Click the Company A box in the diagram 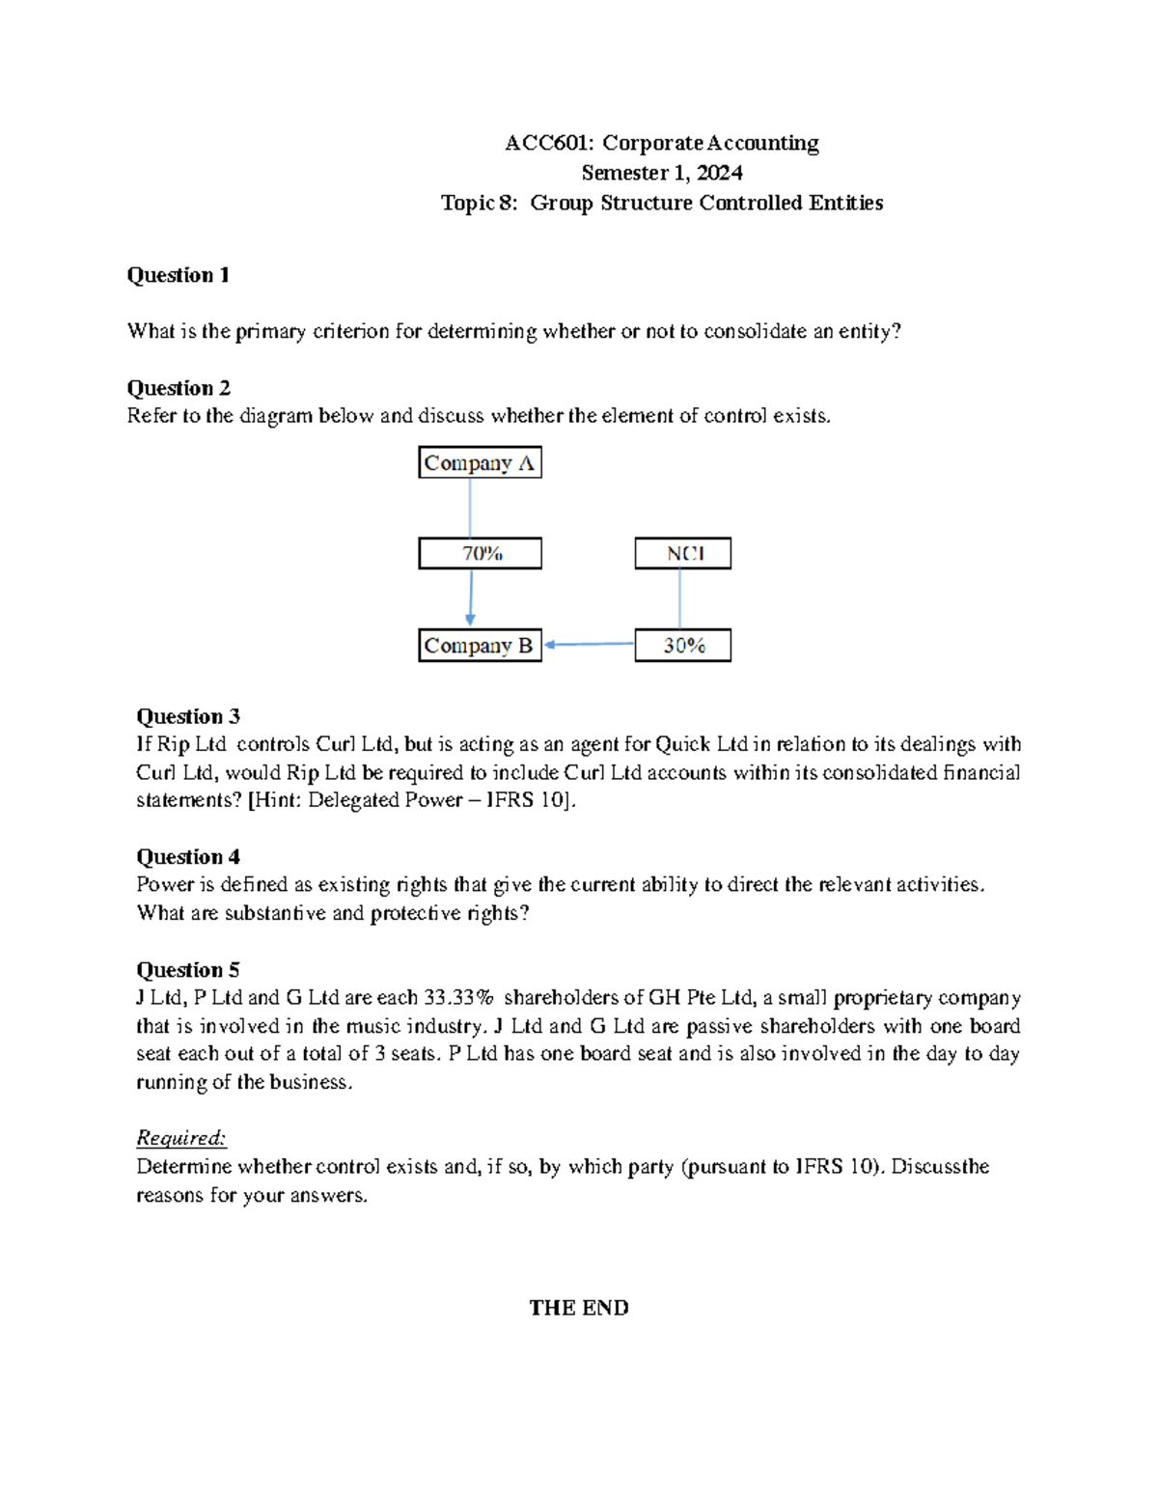coord(480,463)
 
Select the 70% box coord(480,554)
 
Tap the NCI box coord(682,554)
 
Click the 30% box coord(682,646)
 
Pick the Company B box coord(480,646)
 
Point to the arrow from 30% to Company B coord(588,644)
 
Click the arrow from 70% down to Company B coord(471,598)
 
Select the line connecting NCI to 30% coord(680,598)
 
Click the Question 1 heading coord(178,275)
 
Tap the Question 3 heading coord(187,716)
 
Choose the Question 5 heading coord(187,970)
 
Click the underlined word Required coord(180,1138)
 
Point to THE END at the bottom coord(578,1308)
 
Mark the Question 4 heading coord(187,857)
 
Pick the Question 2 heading coord(178,388)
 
